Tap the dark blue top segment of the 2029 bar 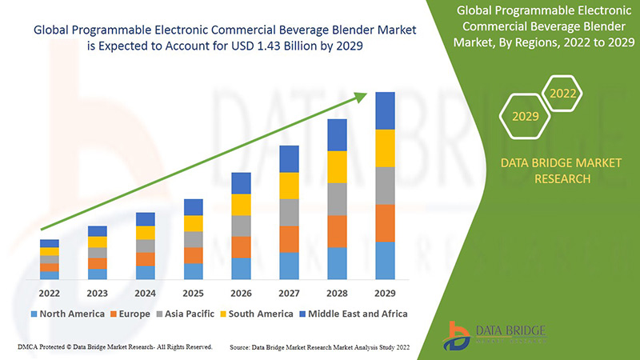[385, 110]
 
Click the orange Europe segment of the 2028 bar [337, 231]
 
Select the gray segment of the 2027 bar [289, 212]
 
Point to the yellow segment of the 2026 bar [241, 205]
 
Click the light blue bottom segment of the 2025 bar [193, 271]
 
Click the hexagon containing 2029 [524, 117]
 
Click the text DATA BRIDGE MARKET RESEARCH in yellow [560, 170]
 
